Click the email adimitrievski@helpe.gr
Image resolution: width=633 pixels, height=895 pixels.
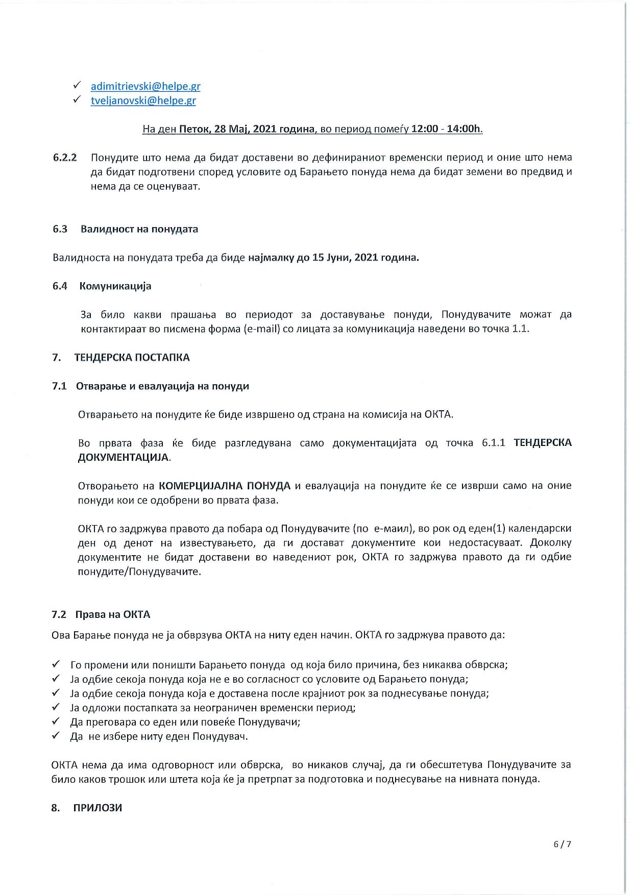point(145,86)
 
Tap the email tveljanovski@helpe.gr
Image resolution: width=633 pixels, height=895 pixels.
point(143,101)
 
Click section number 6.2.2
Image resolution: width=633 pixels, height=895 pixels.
point(65,157)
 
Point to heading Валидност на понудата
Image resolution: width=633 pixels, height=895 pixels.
point(139,229)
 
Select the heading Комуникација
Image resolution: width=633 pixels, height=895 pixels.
point(115,286)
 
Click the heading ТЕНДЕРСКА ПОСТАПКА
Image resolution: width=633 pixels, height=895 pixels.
point(132,357)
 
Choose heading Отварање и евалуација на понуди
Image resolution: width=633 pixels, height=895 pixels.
point(162,386)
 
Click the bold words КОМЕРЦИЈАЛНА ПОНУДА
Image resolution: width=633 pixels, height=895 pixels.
point(225,485)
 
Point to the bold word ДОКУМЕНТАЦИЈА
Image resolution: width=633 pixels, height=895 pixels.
point(123,457)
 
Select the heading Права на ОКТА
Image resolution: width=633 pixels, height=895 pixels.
point(112,614)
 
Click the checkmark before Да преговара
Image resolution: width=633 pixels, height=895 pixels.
point(56,722)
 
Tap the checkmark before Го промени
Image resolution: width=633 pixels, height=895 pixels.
point(56,664)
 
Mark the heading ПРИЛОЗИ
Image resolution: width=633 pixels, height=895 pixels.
point(98,808)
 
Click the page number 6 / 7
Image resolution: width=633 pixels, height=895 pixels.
point(562,844)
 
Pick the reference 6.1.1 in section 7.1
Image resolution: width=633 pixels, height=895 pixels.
point(494,443)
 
